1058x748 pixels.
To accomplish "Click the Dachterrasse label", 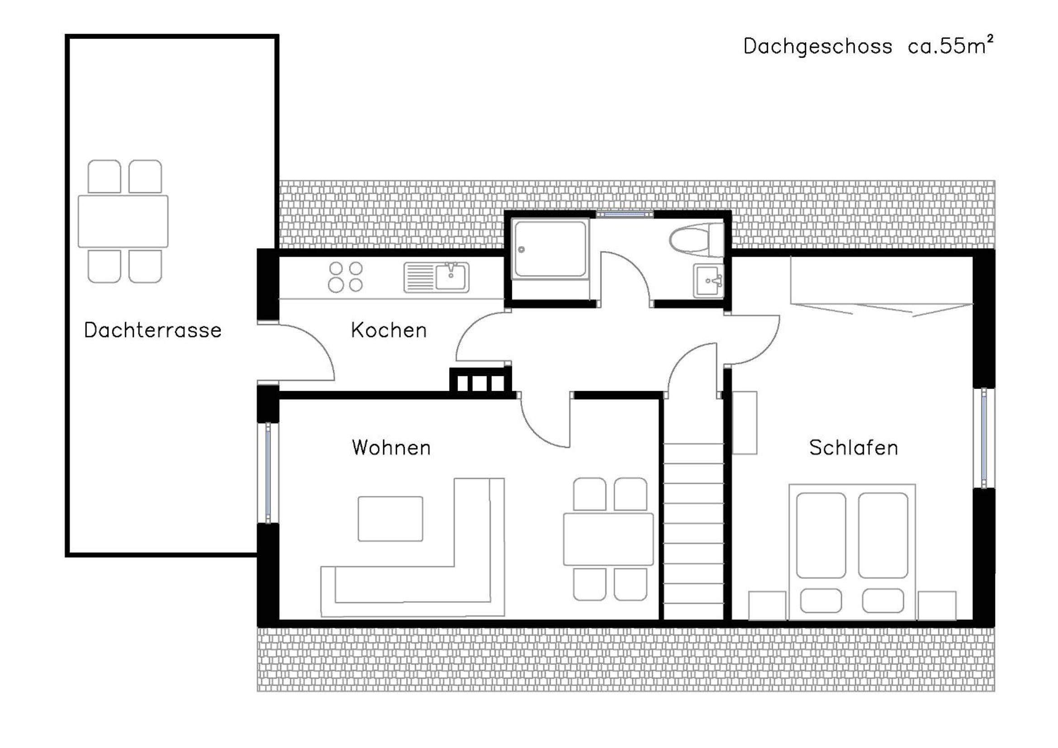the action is (152, 330).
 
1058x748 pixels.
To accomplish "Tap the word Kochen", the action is (389, 330).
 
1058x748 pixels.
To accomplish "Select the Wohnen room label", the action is (391, 448).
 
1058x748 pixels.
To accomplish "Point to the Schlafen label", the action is (854, 448).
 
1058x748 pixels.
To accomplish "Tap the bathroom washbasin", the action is (708, 281).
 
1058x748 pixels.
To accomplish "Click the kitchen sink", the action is (436, 277).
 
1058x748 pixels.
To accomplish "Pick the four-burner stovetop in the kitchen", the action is (345, 277).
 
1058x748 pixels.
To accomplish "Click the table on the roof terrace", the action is (123, 221).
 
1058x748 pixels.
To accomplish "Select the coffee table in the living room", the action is (390, 519).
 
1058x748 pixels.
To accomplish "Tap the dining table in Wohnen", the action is (608, 539).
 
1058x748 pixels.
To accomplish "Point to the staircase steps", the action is (693, 530).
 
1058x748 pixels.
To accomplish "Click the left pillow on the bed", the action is (821, 600).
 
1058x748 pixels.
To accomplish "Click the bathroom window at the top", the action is (625, 214).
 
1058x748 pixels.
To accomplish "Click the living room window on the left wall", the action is (268, 473).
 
